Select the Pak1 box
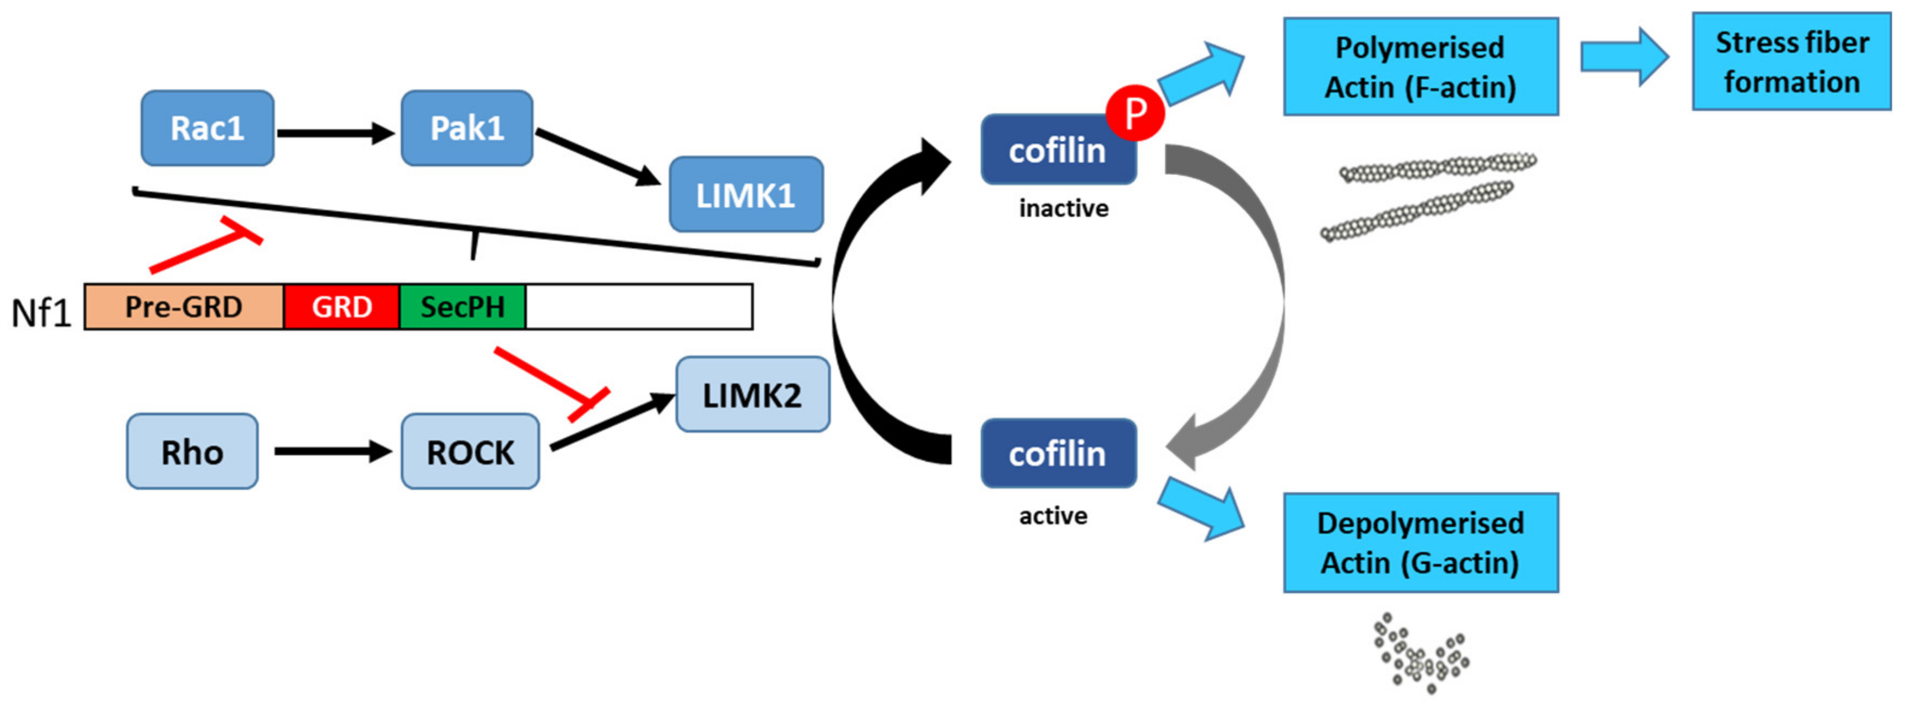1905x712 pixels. (x=466, y=128)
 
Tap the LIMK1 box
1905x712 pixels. (x=746, y=195)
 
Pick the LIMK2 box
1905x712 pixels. (x=752, y=395)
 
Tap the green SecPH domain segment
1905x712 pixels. (x=462, y=307)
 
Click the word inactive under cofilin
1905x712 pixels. (x=1064, y=209)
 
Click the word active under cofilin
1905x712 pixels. (x=1053, y=515)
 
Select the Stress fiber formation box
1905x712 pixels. (x=1791, y=62)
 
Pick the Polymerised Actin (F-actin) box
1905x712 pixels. (x=1421, y=67)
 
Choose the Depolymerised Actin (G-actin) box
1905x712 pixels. (x=1421, y=543)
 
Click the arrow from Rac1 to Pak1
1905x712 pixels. (x=335, y=133)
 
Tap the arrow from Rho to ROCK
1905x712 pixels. (x=333, y=451)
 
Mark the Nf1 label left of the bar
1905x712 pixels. (x=41, y=313)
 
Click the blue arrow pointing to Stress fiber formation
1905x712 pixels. (x=1623, y=57)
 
